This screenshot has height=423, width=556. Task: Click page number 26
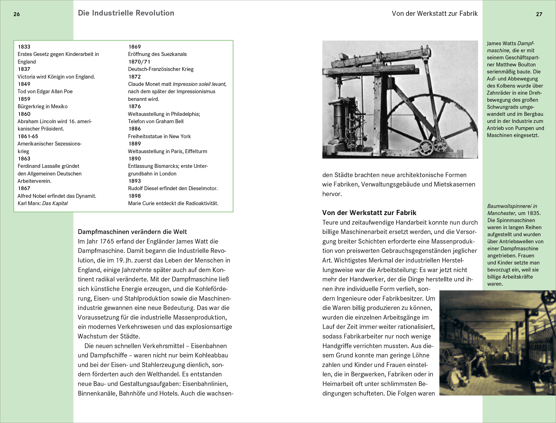[x=17, y=14]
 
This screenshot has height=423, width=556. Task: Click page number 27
[x=539, y=14]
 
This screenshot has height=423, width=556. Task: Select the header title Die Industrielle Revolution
[x=126, y=13]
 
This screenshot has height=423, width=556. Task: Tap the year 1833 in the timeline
[x=24, y=47]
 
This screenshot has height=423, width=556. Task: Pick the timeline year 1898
[x=134, y=196]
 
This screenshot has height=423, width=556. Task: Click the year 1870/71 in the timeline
[x=139, y=62]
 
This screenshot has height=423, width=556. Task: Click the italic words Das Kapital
[x=55, y=203]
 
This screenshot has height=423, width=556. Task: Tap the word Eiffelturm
[x=196, y=151]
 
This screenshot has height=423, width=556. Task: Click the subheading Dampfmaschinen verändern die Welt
[x=132, y=232]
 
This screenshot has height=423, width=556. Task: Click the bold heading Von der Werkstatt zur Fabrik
[x=369, y=212]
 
